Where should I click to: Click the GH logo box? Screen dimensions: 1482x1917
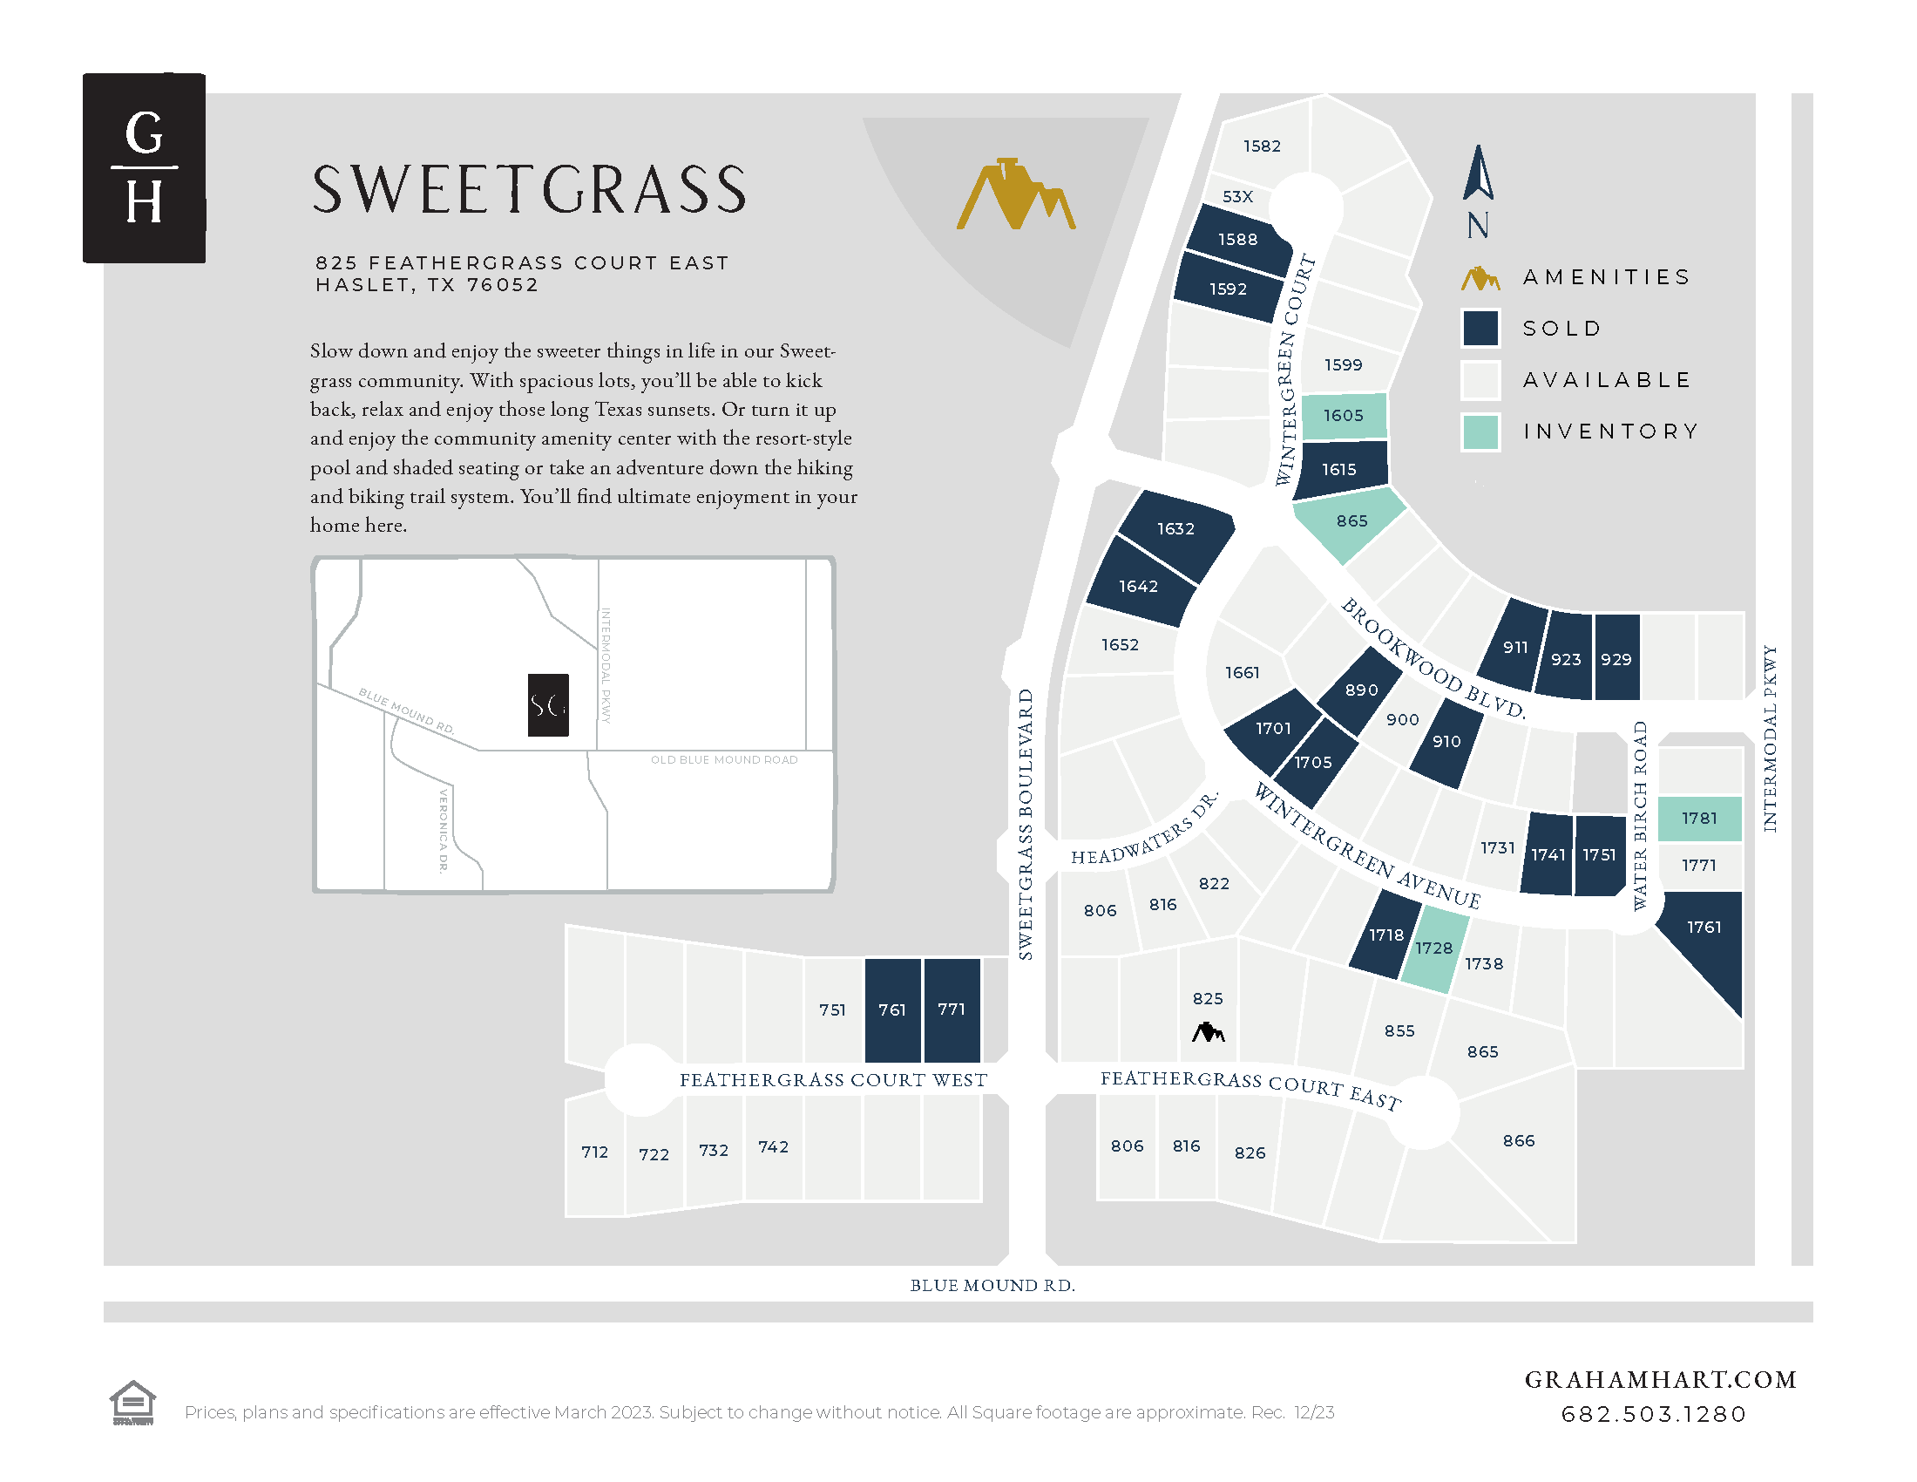pos(144,167)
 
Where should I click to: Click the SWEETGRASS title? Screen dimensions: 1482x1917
pos(529,191)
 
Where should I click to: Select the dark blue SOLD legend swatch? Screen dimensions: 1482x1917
pos(1480,329)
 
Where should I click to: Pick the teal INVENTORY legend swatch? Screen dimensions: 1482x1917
pos(1480,431)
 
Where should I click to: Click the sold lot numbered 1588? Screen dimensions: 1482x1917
pos(1237,240)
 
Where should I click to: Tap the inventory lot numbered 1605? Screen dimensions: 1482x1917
pos(1343,415)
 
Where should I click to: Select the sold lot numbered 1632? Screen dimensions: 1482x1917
pos(1175,529)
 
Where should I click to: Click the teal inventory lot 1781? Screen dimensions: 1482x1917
pos(1699,819)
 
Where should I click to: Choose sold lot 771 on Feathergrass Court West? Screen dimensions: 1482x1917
pos(952,1010)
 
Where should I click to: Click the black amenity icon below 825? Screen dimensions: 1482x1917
pos(1208,1032)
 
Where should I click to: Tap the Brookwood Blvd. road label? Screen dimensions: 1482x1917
pos(1433,659)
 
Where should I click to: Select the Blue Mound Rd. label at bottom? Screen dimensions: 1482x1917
pos(992,1285)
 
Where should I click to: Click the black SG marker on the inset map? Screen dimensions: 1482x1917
pos(548,704)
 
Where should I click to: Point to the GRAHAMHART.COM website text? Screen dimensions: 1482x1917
pos(1660,1379)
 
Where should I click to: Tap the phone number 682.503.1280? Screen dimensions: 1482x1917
pos(1654,1414)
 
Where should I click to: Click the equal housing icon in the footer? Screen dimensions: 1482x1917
pos(132,1402)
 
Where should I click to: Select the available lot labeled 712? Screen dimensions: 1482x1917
pos(594,1152)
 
